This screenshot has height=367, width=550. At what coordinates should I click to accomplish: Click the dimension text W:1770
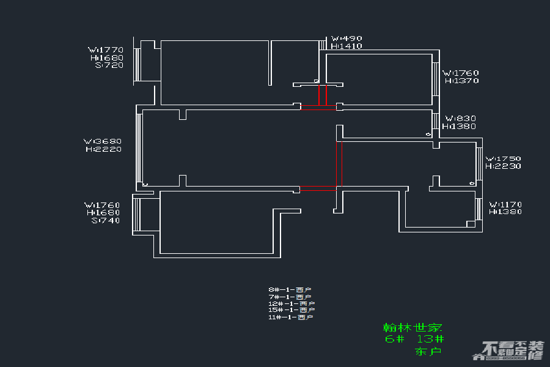pos(106,50)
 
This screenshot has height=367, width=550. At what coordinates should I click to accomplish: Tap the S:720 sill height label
pos(109,65)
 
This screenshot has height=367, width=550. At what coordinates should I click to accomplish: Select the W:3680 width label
pos(103,141)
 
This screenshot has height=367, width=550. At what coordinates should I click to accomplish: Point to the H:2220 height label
pos(103,149)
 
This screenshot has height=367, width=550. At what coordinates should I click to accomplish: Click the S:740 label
pos(106,221)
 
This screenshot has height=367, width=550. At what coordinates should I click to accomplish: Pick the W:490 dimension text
pos(346,38)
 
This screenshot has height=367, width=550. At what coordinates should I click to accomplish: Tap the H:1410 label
pos(346,46)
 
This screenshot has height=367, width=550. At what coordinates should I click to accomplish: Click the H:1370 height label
pos(461,81)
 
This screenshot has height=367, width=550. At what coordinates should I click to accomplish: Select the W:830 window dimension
pos(460,118)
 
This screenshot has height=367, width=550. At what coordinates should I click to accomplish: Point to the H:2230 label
pos(504,166)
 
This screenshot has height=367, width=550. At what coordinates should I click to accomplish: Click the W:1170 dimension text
pos(505,204)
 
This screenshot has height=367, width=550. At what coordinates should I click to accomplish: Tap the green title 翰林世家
pos(413,327)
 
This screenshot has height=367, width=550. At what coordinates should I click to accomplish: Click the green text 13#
pos(430,339)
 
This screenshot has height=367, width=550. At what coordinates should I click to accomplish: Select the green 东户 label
pos(428,352)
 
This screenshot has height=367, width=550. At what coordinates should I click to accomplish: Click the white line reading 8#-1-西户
pos(291,289)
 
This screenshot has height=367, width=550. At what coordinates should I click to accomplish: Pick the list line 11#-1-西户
pos(291,317)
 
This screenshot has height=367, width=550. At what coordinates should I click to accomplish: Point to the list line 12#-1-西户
pos(291,303)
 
